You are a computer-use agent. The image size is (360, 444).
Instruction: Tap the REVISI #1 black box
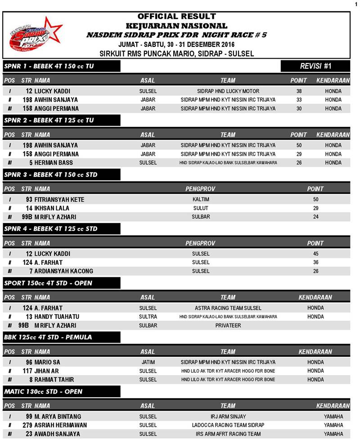(x=315, y=66)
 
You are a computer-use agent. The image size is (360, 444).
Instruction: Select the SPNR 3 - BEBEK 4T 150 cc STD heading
(x=51, y=175)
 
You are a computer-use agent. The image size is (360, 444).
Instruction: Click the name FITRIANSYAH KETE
(x=59, y=199)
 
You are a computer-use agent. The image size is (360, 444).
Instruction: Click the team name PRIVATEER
(x=228, y=326)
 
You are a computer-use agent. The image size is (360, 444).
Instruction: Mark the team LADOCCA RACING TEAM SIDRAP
(x=228, y=425)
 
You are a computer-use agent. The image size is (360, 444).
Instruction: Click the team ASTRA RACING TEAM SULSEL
(x=228, y=308)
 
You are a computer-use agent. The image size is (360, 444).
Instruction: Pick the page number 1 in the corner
(x=355, y=4)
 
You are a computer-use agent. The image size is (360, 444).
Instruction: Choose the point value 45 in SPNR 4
(x=315, y=254)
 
